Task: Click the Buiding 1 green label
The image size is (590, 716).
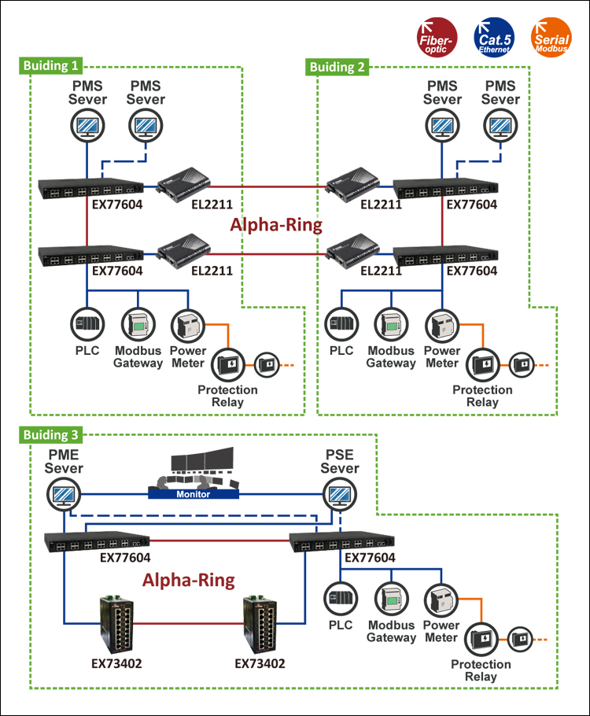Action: tap(52, 66)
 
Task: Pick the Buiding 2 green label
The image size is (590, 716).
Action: tap(337, 66)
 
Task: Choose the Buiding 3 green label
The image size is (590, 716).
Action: tap(52, 434)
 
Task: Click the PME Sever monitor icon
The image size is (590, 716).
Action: tap(62, 495)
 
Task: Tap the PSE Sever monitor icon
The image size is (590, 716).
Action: tap(340, 495)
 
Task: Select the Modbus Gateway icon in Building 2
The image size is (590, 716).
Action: tap(391, 324)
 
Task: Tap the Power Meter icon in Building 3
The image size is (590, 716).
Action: tap(440, 599)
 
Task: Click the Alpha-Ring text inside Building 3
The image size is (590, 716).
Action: tap(188, 581)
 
